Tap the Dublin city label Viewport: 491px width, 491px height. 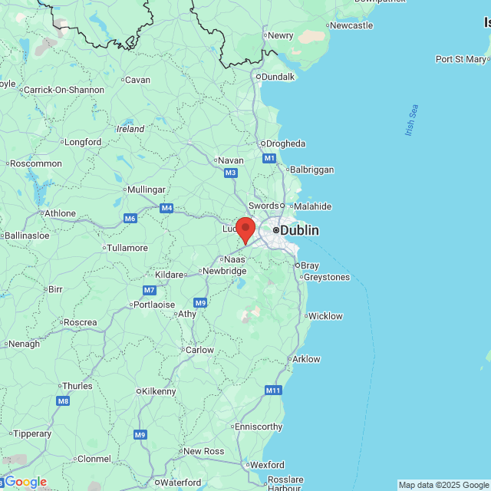click(298, 230)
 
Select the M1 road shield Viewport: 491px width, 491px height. click(269, 158)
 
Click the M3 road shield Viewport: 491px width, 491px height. click(230, 173)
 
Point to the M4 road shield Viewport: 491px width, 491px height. click(166, 208)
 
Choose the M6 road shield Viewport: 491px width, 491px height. click(130, 219)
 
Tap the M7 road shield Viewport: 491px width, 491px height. click(149, 290)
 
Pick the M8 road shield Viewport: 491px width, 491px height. click(63, 400)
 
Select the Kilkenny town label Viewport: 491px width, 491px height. click(158, 391)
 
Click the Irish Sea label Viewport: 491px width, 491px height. click(412, 121)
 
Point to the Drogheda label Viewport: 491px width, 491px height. click(285, 143)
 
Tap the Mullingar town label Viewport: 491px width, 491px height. click(147, 189)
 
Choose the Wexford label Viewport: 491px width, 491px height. click(267, 465)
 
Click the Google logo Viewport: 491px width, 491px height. click(25, 482)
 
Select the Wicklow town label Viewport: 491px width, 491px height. click(325, 316)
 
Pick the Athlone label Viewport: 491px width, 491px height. click(60, 213)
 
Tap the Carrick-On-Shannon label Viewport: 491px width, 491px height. click(64, 90)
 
